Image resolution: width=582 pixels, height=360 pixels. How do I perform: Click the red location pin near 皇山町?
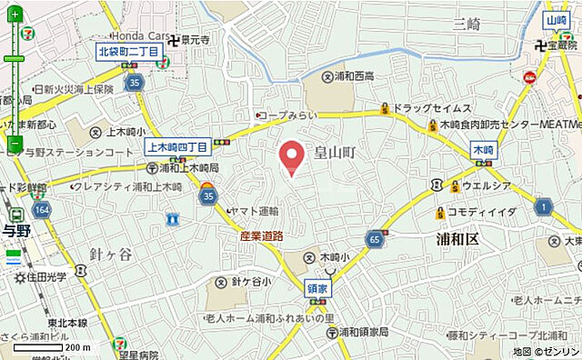point(291,156)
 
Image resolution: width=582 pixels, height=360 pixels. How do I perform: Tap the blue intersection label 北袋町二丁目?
point(130,53)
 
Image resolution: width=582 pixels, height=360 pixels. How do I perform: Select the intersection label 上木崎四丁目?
point(177,145)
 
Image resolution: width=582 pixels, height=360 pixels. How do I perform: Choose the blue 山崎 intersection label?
point(557,20)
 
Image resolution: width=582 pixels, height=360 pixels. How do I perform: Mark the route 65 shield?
point(374,239)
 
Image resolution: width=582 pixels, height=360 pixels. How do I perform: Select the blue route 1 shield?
point(543,208)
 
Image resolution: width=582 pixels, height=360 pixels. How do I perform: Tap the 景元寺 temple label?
point(195,40)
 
